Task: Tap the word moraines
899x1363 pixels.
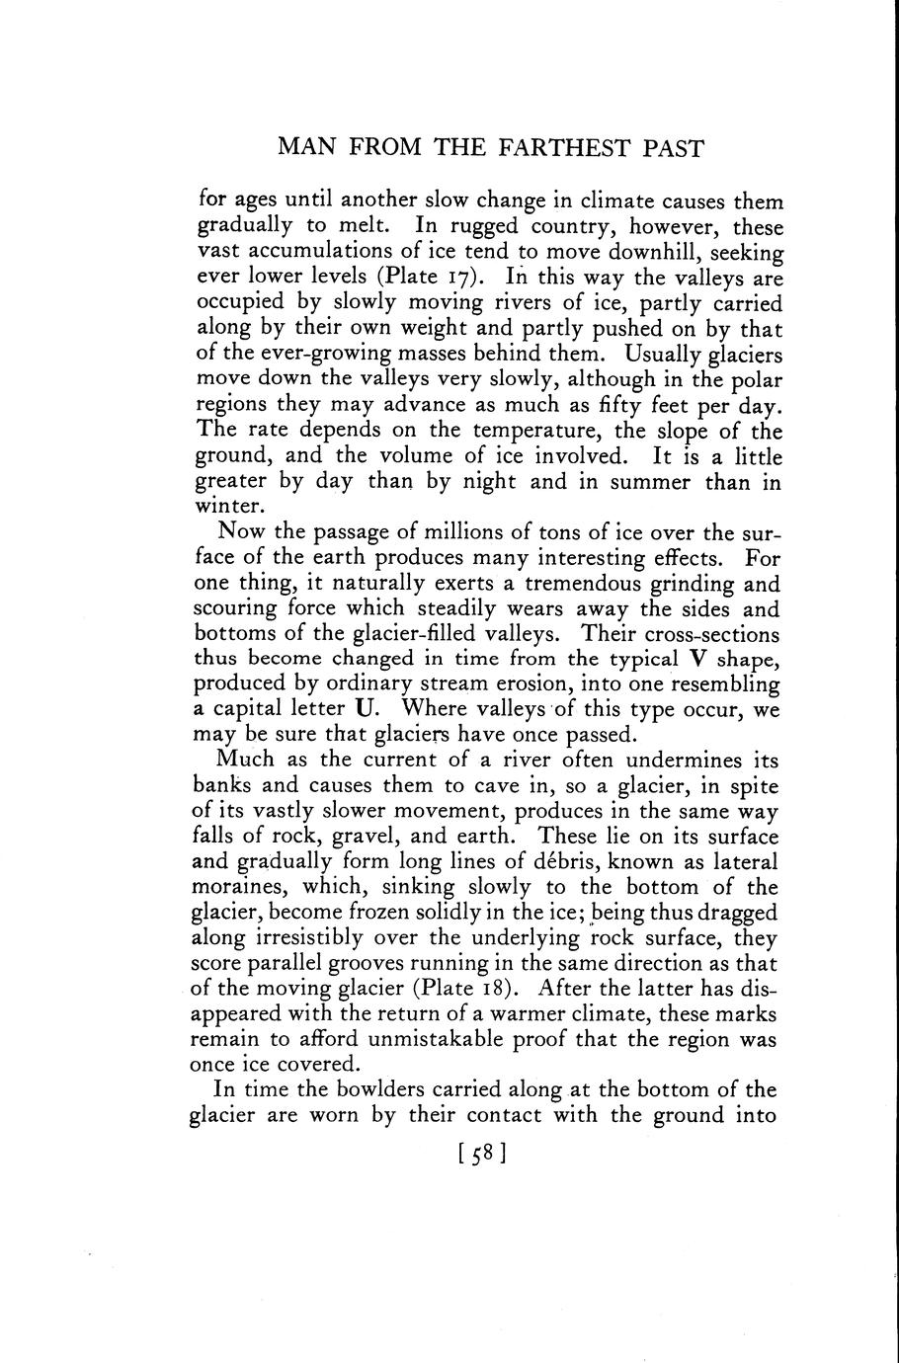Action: tap(234, 887)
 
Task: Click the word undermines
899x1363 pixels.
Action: tap(688, 761)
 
